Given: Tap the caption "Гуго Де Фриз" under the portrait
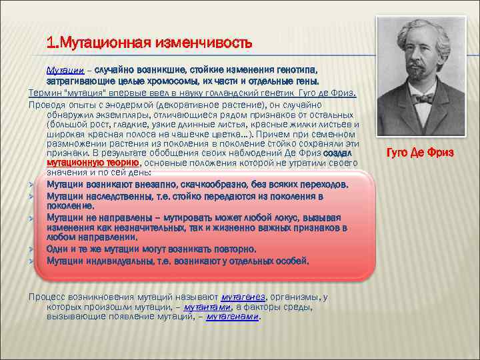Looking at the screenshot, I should (420, 153).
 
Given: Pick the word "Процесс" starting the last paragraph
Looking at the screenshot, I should (46, 297).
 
